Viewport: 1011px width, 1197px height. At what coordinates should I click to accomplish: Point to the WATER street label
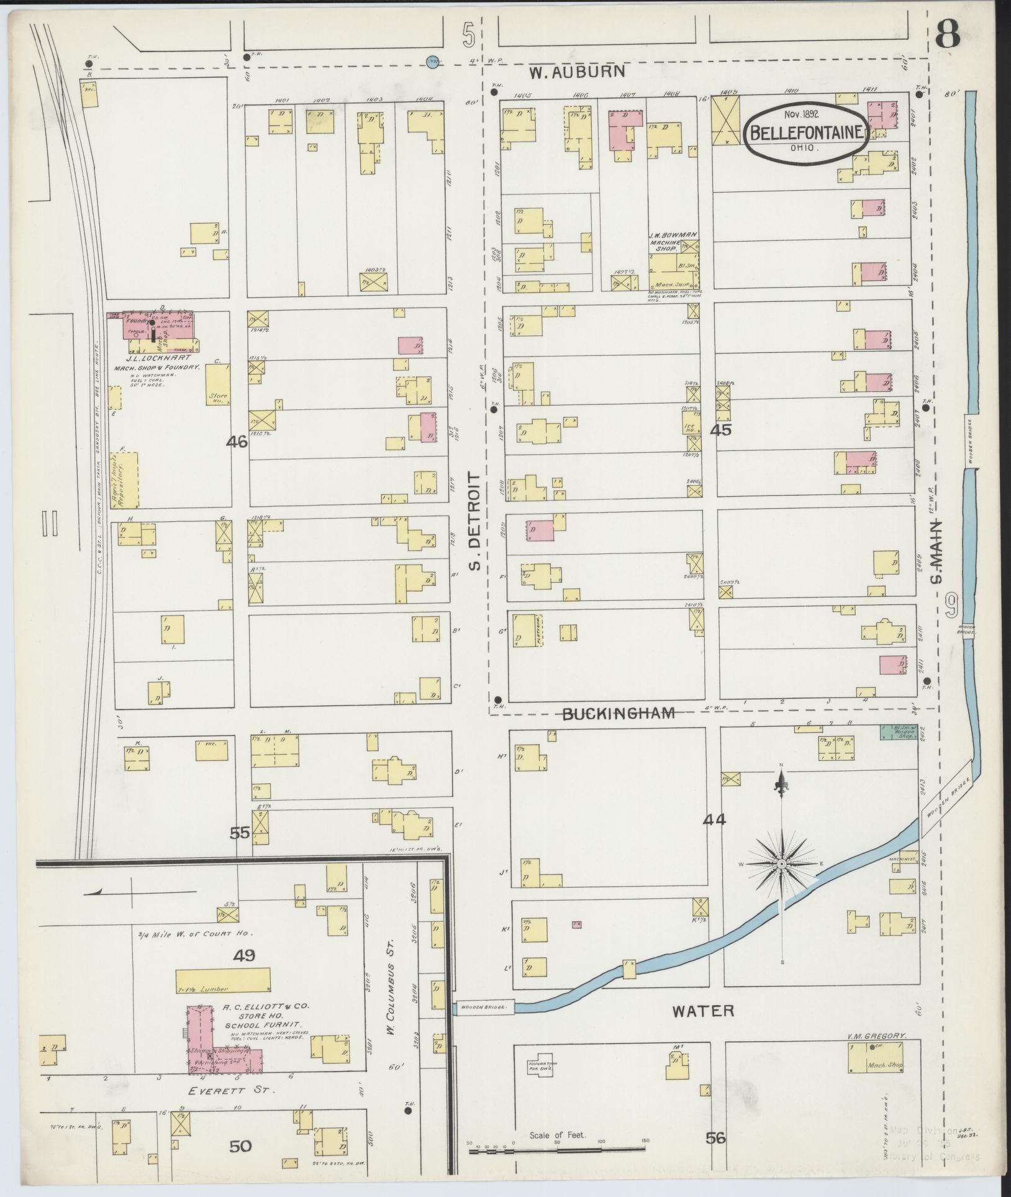tap(704, 1011)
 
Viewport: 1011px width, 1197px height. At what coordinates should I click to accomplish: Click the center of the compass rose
tap(782, 864)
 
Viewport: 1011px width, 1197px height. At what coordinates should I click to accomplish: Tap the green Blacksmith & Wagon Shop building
tap(899, 732)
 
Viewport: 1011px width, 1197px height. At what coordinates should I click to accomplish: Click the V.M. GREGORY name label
tap(876, 1036)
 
